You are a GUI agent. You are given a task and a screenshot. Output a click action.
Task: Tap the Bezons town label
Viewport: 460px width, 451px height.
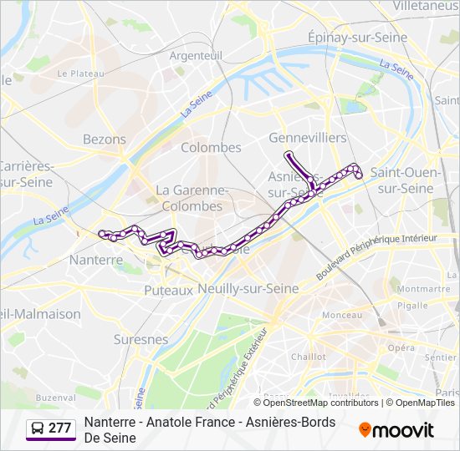pyautogui.click(x=105, y=139)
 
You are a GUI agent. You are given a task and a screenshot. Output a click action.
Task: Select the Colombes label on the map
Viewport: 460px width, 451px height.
pyautogui.click(x=211, y=147)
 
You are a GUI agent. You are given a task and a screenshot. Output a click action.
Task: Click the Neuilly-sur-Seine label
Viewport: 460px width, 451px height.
pyautogui.click(x=248, y=287)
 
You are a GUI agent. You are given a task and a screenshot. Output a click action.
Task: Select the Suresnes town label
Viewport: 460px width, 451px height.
pyautogui.click(x=141, y=339)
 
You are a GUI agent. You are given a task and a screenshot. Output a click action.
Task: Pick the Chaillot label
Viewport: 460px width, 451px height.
pyautogui.click(x=308, y=356)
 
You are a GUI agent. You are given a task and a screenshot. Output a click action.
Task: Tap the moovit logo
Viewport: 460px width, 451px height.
pyautogui.click(x=396, y=430)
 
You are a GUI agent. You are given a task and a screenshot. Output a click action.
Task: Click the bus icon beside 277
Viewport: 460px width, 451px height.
pyautogui.click(x=38, y=428)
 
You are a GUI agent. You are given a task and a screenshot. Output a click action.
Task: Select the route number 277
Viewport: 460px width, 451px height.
pyautogui.click(x=60, y=428)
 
